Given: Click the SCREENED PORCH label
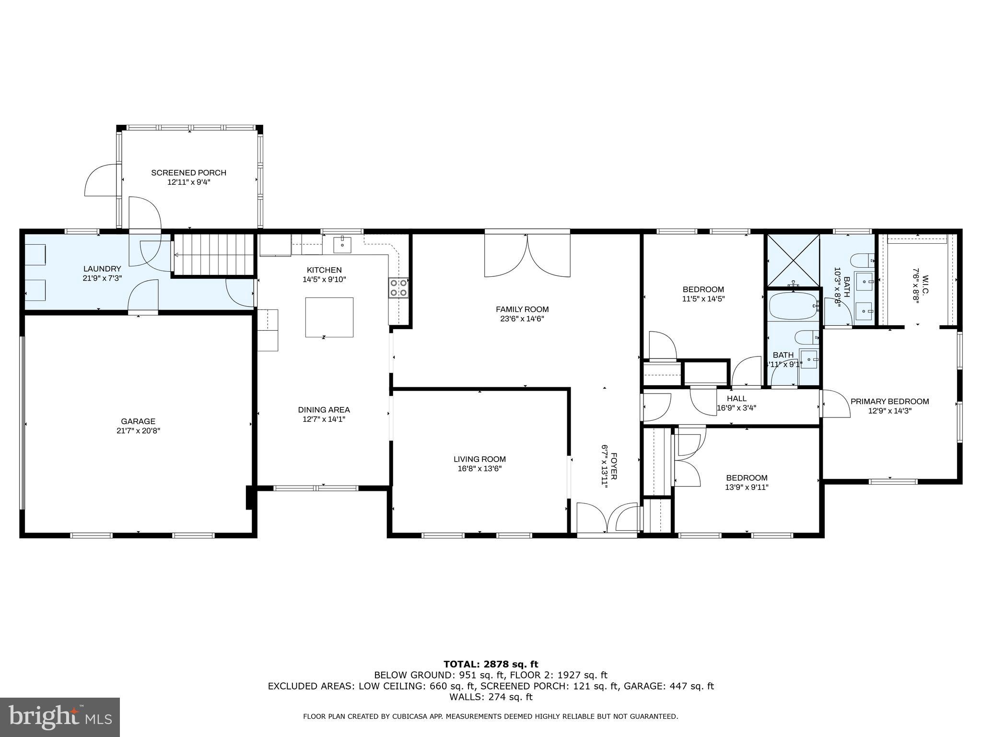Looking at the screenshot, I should tap(188, 173).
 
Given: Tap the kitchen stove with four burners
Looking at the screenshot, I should tap(398, 287).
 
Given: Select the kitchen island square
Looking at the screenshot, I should tap(329, 317).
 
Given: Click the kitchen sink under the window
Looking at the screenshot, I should tap(342, 245).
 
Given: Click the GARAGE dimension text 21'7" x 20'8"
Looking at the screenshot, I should tap(138, 431).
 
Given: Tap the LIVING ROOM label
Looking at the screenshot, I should tap(479, 459).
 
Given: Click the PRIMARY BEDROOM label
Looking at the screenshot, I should tap(889, 402).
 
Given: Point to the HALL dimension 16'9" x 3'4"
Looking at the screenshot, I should tap(736, 408).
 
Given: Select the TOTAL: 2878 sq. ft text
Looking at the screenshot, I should tap(491, 664).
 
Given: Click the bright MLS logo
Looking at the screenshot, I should tap(60, 717).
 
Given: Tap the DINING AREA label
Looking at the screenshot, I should tap(324, 410).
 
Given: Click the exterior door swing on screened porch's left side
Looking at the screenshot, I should tap(102, 180).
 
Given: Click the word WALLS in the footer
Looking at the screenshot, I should tap(465, 697).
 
